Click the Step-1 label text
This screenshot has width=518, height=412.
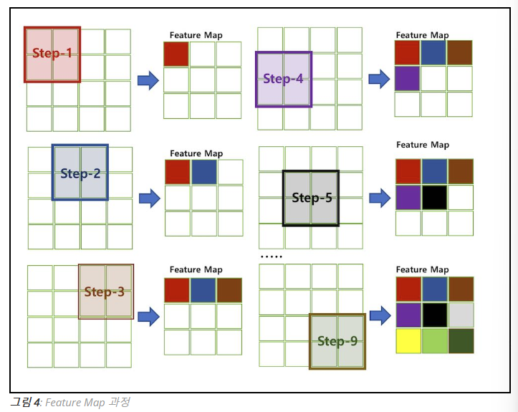[52, 54]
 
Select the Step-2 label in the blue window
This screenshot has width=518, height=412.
[80, 173]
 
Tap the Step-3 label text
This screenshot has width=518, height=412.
[105, 292]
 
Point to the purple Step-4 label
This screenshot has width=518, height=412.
[283, 79]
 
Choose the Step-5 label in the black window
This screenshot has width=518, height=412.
[312, 198]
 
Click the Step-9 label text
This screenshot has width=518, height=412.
[337, 341]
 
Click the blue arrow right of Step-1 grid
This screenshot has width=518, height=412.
[148, 80]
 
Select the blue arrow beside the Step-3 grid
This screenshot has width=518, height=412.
[148, 316]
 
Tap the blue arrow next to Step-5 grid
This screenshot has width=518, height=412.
[379, 198]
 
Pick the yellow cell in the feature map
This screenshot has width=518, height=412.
[408, 341]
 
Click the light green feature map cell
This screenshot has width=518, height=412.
[434, 341]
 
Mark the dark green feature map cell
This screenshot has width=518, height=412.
[461, 341]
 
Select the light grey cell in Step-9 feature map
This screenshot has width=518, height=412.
[461, 315]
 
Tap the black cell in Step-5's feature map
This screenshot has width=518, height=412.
[434, 197]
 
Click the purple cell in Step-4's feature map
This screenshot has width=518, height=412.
[406, 78]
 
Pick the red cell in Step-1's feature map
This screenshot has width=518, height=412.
[176, 54]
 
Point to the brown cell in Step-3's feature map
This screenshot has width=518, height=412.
[229, 290]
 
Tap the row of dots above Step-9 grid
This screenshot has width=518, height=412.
[271, 257]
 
